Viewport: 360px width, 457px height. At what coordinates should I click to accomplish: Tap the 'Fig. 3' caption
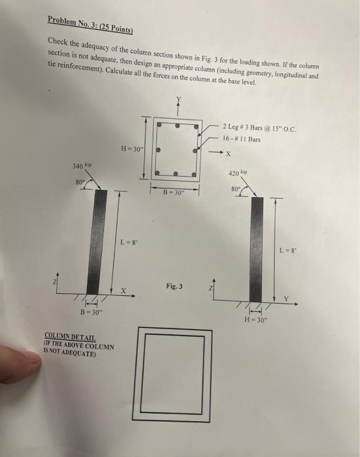click(175, 286)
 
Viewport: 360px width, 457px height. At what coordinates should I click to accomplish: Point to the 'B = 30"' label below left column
click(90, 312)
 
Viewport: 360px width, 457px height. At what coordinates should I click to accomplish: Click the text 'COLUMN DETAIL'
click(68, 338)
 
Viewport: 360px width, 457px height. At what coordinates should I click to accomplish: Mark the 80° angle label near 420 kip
click(235, 188)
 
